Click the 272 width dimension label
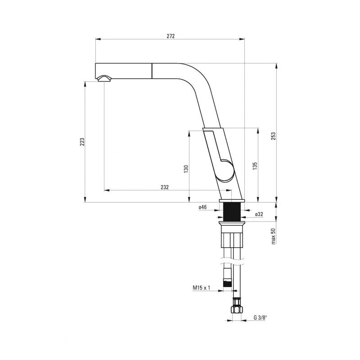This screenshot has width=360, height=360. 171,36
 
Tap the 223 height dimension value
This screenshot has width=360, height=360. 82,142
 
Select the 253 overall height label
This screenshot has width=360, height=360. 273,136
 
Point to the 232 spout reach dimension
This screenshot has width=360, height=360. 165,187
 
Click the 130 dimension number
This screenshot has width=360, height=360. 186,169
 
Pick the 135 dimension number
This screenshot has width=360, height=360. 255,166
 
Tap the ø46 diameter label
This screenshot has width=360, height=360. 203,207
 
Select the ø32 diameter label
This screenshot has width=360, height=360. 259,214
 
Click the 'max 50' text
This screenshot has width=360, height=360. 273,236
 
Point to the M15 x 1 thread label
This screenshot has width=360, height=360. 201,288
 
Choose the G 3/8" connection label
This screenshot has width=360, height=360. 261,318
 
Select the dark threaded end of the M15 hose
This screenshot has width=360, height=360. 227,283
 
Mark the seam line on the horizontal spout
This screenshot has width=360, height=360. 152,71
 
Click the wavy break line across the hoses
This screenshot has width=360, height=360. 232,262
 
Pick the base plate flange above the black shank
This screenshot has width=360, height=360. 232,201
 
